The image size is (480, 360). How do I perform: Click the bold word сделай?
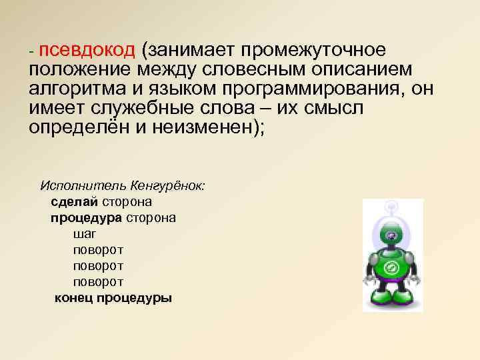pos(74,201)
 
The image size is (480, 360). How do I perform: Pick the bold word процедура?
pos(85,217)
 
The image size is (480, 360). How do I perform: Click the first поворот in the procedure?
pos(98,249)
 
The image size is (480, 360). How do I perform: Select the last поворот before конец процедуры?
pos(98,281)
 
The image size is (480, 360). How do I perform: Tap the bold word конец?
pos(73,298)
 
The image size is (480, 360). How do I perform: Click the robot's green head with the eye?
pos(392,235)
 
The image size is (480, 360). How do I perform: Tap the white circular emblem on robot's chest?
pos(393,269)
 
